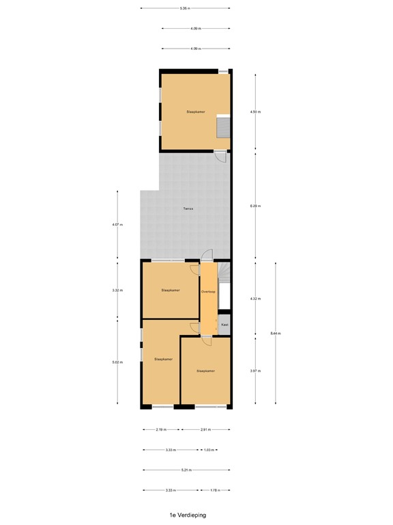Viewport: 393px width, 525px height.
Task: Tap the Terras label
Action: click(187, 208)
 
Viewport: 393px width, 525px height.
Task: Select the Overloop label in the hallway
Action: click(208, 292)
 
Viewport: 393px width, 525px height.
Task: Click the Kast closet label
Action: click(224, 325)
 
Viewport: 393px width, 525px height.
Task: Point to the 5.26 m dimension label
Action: click(185, 8)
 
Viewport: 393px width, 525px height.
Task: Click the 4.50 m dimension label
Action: click(255, 111)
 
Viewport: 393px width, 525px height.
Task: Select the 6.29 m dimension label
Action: click(255, 206)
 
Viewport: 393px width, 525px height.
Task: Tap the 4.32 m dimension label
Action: click(255, 299)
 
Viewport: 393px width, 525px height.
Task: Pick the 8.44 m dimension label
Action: click(276, 333)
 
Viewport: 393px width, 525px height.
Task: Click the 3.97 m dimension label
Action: click(255, 371)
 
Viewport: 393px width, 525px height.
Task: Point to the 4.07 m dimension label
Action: click(117, 224)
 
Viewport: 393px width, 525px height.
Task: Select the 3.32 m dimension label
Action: click(117, 291)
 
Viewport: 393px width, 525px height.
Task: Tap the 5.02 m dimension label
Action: click(117, 362)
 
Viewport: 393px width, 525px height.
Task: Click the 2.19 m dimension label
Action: click(160, 429)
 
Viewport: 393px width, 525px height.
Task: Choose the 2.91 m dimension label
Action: click(205, 429)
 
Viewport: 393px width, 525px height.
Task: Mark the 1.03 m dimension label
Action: click(209, 450)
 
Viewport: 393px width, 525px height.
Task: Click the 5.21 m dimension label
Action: click(186, 470)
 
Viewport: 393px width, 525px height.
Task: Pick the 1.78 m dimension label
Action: click(215, 490)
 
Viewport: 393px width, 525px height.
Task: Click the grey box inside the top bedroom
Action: click(223, 127)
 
